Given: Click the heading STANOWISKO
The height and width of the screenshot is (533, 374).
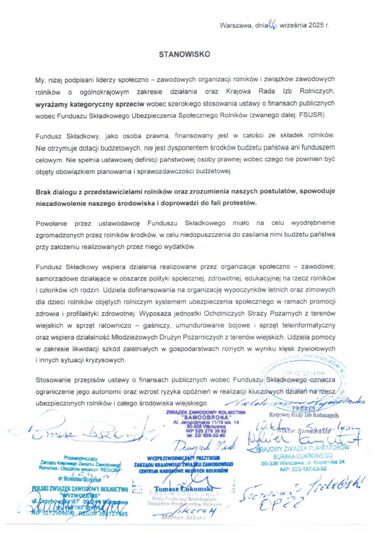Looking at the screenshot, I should [186, 53].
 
